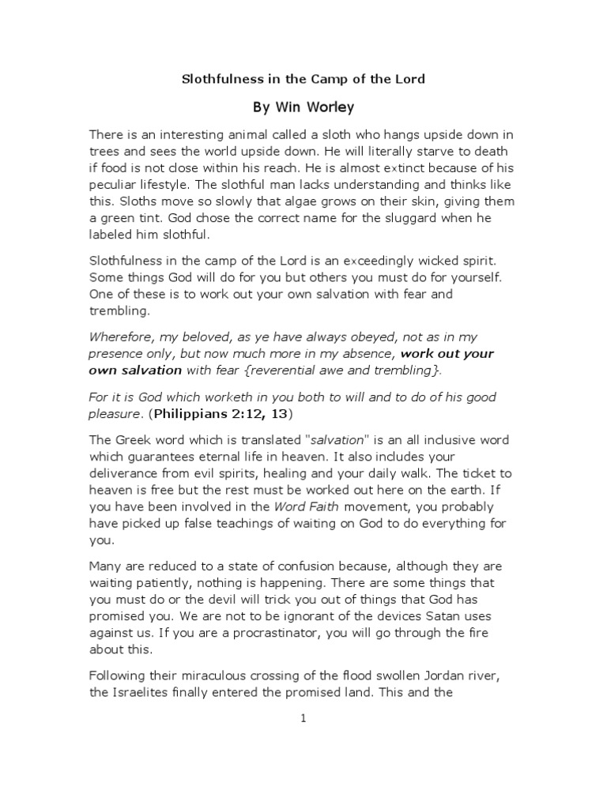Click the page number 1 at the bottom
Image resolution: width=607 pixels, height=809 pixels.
[x=303, y=717]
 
